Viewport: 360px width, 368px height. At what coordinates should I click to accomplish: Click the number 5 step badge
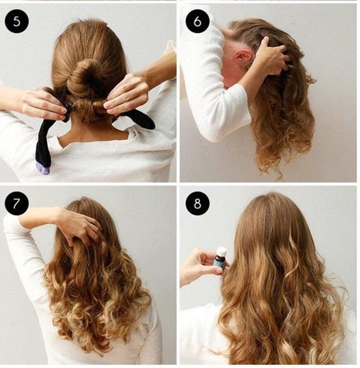pos(17,21)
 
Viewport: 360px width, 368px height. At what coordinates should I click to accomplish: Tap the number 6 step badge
pos(197,21)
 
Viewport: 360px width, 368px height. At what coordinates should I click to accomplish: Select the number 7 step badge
pos(17,204)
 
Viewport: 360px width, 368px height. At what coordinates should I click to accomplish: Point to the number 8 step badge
pos(197,204)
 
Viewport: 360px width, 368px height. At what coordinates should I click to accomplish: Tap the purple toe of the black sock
pos(43,169)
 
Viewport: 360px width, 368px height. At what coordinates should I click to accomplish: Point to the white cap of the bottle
pos(221,251)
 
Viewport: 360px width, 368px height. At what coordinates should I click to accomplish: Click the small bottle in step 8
pos(221,260)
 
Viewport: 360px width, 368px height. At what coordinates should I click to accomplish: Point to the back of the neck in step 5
pos(94,132)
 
